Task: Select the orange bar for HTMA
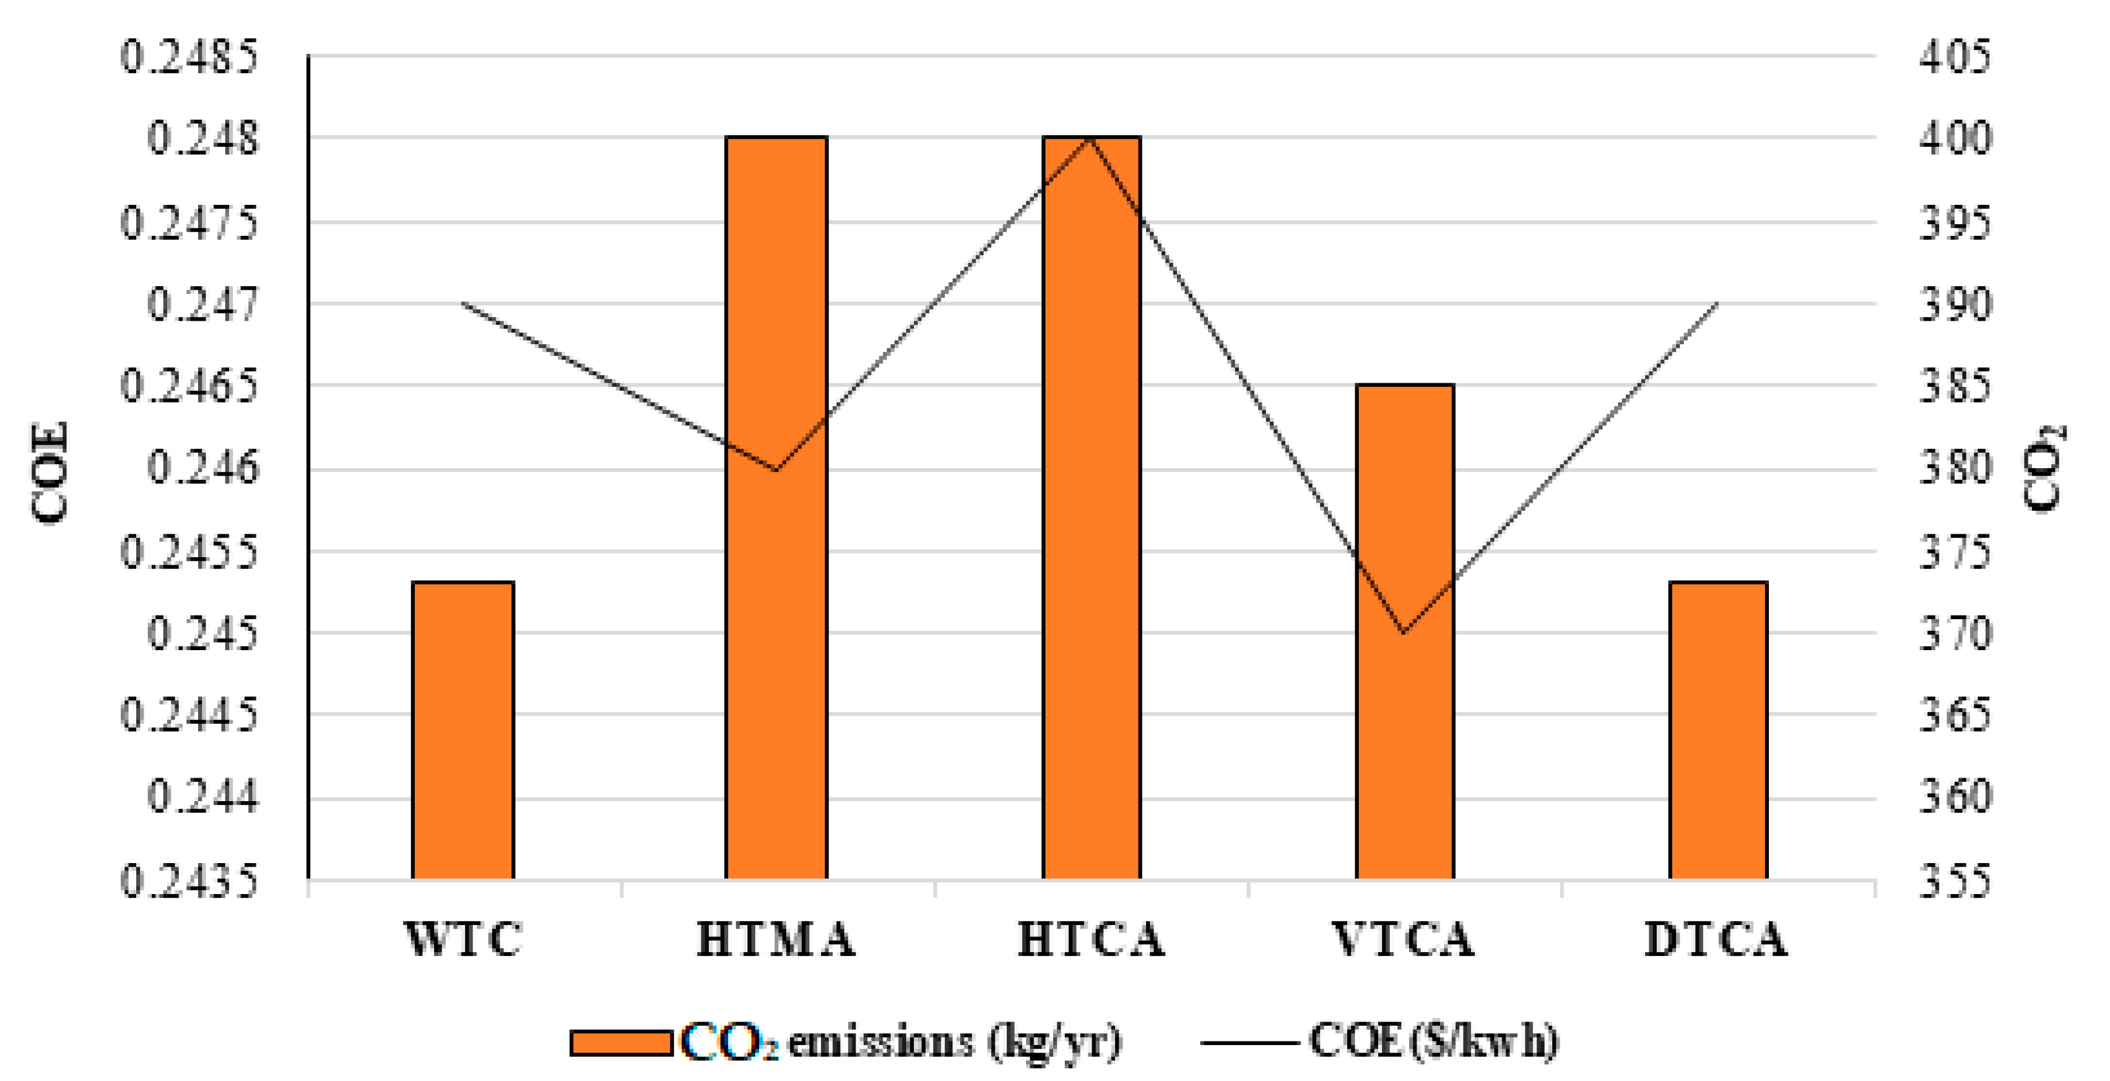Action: [x=776, y=508]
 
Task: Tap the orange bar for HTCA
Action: [x=1091, y=508]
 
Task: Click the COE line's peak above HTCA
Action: [x=1090, y=139]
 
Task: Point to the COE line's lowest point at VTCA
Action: [x=1404, y=632]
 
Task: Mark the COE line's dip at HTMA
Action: [x=776, y=469]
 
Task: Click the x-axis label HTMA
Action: [x=776, y=939]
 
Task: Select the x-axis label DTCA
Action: [x=1716, y=939]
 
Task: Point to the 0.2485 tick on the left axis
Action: [x=188, y=58]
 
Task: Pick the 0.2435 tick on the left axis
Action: [x=188, y=881]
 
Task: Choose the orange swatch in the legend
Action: [x=621, y=1043]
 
